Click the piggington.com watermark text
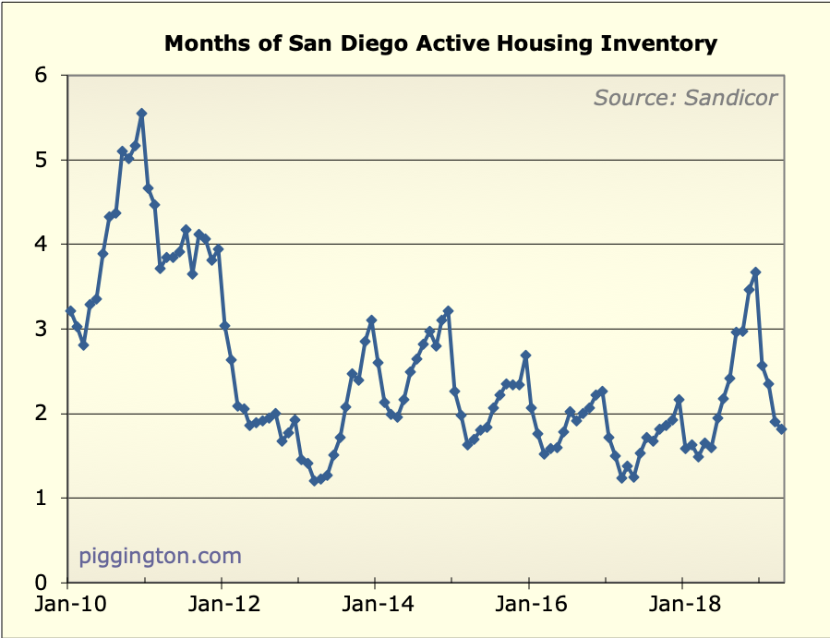(x=161, y=556)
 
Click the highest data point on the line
(x=141, y=114)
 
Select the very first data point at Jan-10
(x=70, y=311)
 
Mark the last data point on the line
(x=782, y=428)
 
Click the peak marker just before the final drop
(x=755, y=272)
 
